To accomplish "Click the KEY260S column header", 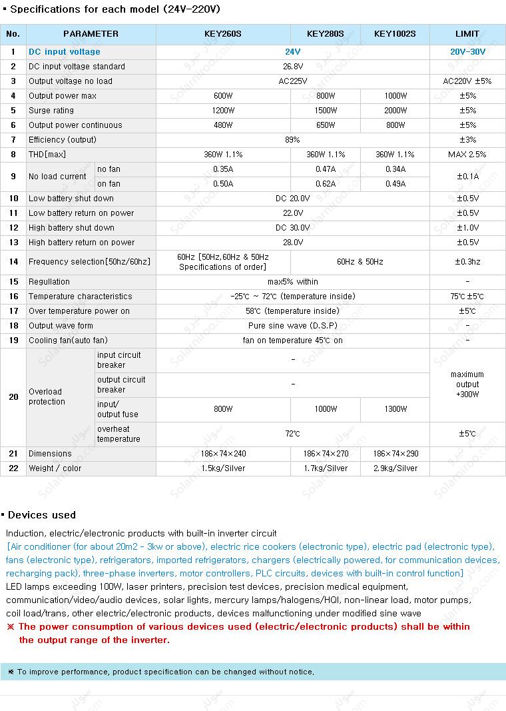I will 223,34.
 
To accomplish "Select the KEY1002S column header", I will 395,34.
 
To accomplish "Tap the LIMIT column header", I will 467,34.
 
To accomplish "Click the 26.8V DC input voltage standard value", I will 293,67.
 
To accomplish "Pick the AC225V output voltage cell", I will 293,81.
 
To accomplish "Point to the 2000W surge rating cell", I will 395,111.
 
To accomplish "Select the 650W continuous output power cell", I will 326,125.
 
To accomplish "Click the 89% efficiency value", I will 293,140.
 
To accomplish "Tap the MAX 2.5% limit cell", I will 467,155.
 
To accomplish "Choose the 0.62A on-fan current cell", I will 326,184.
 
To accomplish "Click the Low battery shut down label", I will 71,199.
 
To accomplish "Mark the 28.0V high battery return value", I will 293,243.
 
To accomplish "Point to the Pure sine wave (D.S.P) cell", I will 293,326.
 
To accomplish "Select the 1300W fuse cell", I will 395,409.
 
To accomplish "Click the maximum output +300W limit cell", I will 467,384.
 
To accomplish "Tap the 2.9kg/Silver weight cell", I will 395,468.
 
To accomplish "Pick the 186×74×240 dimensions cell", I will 223,454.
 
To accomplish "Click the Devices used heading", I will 41,515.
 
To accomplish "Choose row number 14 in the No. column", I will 13,262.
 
